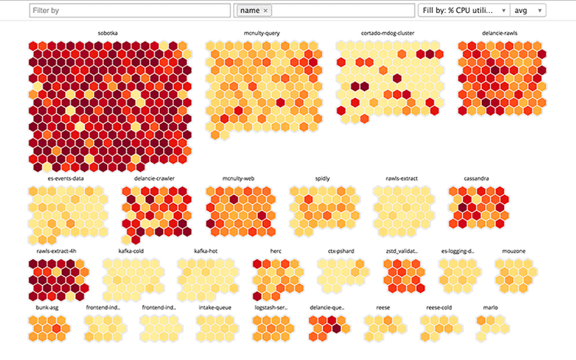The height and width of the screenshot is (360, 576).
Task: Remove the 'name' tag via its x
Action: (x=265, y=11)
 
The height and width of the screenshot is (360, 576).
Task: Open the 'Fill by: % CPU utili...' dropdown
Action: (x=463, y=11)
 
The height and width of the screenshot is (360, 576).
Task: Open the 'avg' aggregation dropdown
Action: (x=528, y=11)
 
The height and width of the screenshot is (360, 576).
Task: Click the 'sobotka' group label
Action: (x=108, y=33)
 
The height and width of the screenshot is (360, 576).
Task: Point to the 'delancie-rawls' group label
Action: (x=500, y=33)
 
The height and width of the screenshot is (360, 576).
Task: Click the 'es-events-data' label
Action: (x=66, y=178)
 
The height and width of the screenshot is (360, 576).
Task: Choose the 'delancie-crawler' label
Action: (x=155, y=178)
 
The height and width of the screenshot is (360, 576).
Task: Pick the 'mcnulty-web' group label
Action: (x=238, y=178)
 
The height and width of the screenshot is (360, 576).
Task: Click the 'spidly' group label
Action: (x=323, y=178)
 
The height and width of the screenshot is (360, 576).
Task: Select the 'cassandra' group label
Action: (x=477, y=178)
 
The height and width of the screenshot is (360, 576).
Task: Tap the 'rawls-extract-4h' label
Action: (x=57, y=250)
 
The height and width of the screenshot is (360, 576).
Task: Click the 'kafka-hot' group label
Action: (x=206, y=250)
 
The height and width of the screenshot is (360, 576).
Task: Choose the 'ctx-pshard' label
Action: (x=341, y=250)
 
